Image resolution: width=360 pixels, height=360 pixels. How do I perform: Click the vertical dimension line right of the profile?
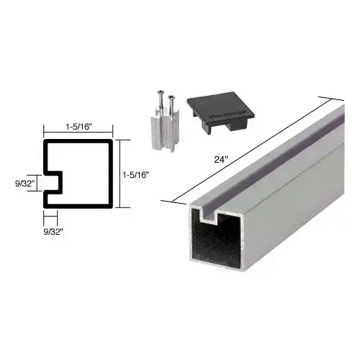pos(118,174)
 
